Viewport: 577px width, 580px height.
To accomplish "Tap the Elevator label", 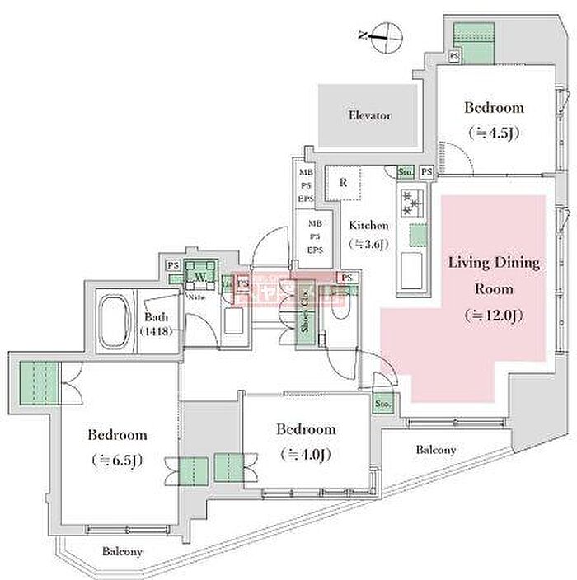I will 369,115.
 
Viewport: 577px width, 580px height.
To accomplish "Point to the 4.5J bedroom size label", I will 494,132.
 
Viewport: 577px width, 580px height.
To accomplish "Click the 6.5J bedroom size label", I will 118,460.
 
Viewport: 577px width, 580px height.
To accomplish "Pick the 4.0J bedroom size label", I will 307,453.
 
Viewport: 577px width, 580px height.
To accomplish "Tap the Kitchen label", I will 368,226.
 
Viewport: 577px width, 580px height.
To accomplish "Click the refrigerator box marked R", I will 343,184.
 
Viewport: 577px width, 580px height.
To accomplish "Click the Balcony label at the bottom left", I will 123,552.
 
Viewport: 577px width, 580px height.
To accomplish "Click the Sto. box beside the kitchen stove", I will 405,172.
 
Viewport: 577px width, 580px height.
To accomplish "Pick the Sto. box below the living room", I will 382,405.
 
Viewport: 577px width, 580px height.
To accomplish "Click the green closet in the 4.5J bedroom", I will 474,40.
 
